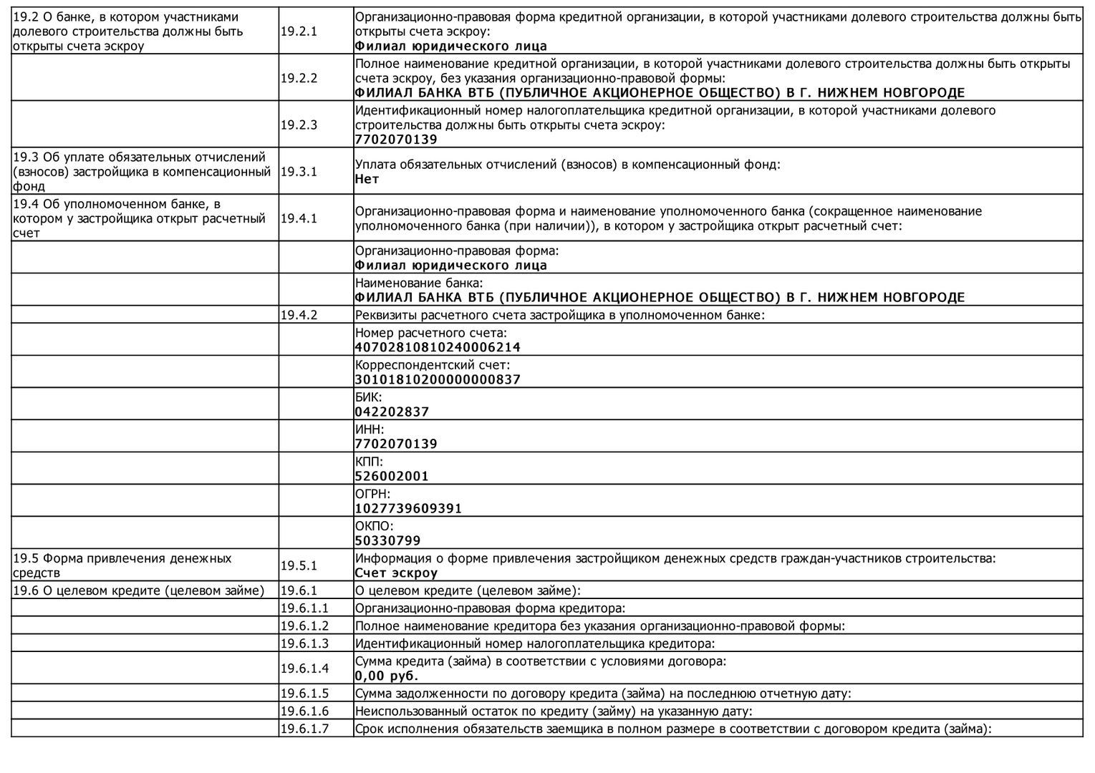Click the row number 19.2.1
coord(299,31)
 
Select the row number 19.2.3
coord(299,125)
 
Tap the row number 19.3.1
coord(299,172)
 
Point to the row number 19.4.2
coord(299,315)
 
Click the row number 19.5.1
coord(299,565)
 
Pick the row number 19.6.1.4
coord(304,669)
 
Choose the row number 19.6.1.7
coord(304,729)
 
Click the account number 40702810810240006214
coord(438,347)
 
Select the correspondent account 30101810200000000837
coord(438,379)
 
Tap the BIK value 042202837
coord(392,412)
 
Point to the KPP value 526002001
coord(392,476)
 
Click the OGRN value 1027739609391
coord(408,508)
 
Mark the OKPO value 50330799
coord(387,540)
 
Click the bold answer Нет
coord(367,179)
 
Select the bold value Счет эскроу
coord(396,573)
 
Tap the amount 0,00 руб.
coord(387,676)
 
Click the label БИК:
coord(368,397)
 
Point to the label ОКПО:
coord(374,526)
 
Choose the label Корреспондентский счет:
coord(433,365)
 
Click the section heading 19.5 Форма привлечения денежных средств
coord(122,565)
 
